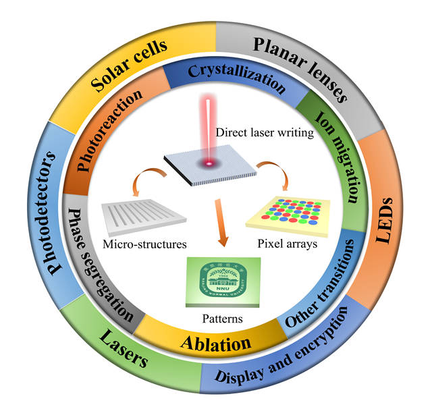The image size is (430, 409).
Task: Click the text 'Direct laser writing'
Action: [265, 132]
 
